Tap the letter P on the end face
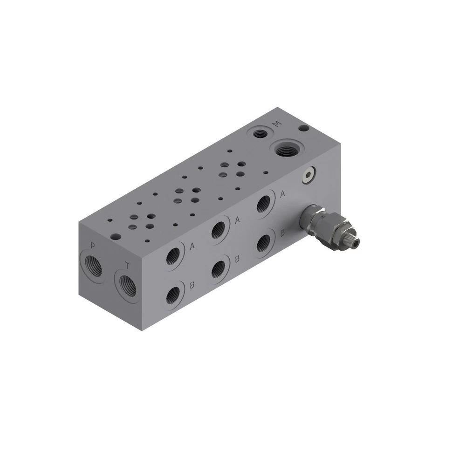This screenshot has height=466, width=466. (x=93, y=246)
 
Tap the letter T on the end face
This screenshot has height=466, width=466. (x=127, y=266)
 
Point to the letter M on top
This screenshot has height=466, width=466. (x=278, y=124)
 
